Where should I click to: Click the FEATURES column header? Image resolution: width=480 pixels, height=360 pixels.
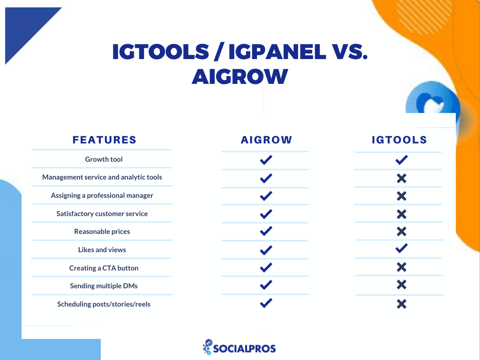point(105,140)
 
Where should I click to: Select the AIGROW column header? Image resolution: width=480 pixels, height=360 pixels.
point(266,140)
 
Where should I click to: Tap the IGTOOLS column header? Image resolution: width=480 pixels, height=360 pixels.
point(399,140)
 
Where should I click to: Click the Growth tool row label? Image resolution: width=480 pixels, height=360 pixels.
point(104,159)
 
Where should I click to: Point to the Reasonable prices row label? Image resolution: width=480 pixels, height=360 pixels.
point(102,232)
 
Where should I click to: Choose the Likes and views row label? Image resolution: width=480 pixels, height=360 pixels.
point(102,250)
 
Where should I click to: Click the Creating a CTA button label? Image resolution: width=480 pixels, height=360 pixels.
point(104,268)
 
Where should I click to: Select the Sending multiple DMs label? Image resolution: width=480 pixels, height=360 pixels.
point(104,286)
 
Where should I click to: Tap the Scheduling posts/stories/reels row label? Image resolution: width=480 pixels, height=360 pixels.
point(104,304)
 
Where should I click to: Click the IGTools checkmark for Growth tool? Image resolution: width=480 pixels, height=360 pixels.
point(401,160)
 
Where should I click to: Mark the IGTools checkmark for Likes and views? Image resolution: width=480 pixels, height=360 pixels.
point(401,248)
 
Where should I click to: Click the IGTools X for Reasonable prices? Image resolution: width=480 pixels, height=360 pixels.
point(402,232)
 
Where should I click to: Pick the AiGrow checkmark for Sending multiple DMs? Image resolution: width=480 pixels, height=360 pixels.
point(266,285)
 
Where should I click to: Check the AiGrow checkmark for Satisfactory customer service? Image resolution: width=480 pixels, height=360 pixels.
point(266,214)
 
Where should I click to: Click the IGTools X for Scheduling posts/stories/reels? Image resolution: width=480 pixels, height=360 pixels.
point(402,304)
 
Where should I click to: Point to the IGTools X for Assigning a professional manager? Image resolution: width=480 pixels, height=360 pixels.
point(402,196)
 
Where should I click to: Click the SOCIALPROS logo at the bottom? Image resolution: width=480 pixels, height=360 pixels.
point(239,347)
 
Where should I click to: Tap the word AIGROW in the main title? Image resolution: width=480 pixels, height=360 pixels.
point(240,76)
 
